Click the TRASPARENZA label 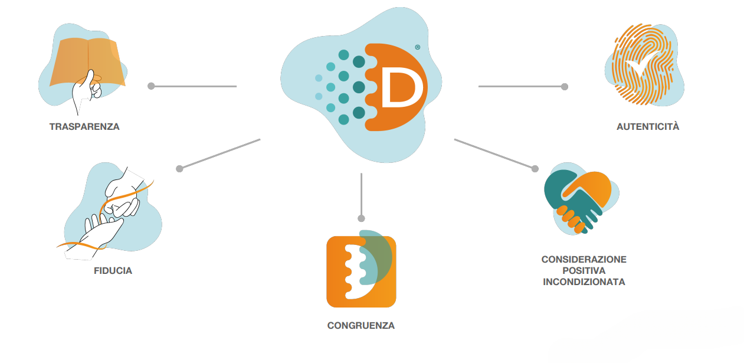[84, 127]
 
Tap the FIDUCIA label [113, 271]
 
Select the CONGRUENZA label [361, 325]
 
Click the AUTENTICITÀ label [648, 126]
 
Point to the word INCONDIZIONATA [584, 282]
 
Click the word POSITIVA [584, 271]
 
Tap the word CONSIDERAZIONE [584, 260]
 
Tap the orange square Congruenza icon [361, 272]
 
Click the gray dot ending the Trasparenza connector [151, 86]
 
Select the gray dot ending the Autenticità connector [565, 86]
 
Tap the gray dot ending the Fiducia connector [180, 168]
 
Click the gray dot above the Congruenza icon [361, 218]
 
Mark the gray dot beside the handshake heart [535, 168]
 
